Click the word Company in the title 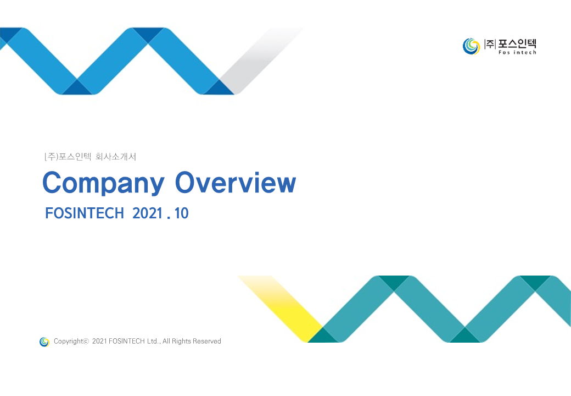click(x=103, y=183)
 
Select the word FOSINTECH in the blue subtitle click(x=84, y=213)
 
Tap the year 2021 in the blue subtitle click(x=148, y=213)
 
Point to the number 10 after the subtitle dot click(x=181, y=213)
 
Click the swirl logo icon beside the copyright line click(x=44, y=342)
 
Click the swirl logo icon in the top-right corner click(x=471, y=46)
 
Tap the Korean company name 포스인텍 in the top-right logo click(x=517, y=44)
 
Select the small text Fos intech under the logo click(x=517, y=52)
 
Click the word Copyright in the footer click(x=68, y=342)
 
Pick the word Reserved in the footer click(x=207, y=342)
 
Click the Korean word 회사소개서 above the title click(x=116, y=157)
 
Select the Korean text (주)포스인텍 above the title click(x=68, y=157)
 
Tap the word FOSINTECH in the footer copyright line click(x=127, y=342)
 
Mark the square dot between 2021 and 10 click(x=168, y=218)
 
